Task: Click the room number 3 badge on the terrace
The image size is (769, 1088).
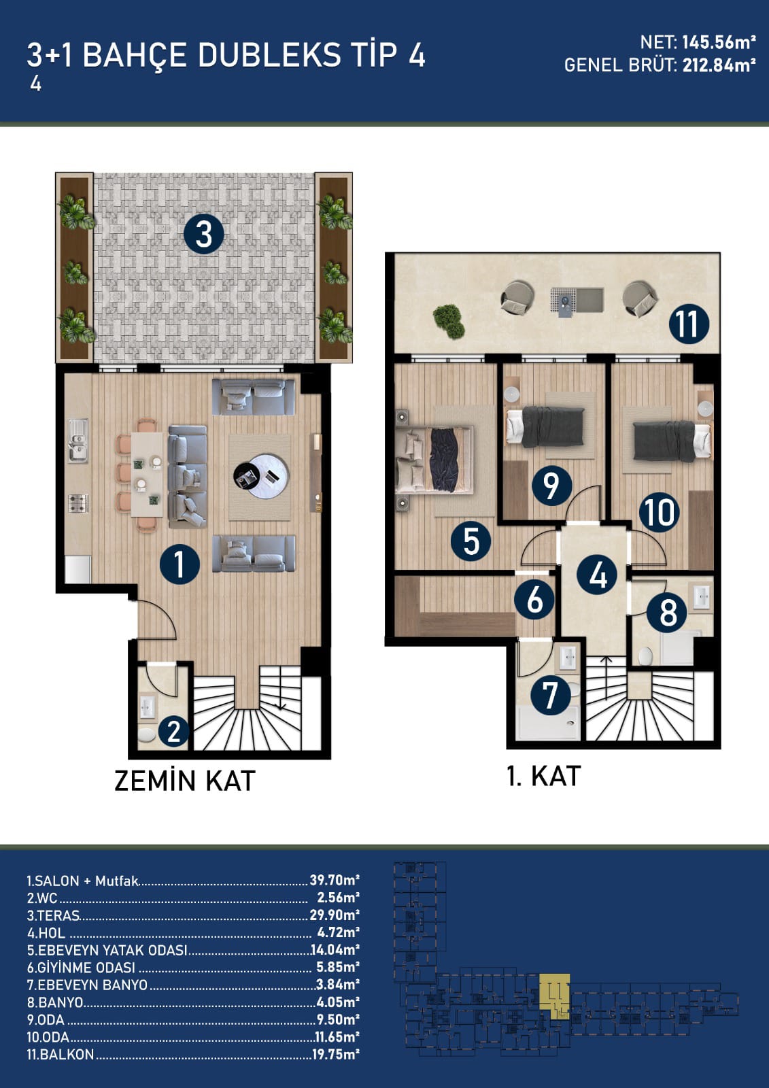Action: click(x=203, y=234)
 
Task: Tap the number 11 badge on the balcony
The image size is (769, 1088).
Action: click(x=689, y=324)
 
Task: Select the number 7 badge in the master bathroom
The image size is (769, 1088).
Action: click(x=550, y=696)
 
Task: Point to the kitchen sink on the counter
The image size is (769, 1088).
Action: click(x=78, y=441)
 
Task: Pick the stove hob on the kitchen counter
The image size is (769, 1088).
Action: click(x=78, y=503)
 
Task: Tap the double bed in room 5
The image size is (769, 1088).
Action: click(x=434, y=460)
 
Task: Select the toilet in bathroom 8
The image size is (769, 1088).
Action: click(x=646, y=656)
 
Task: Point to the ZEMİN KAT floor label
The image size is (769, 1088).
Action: click(x=185, y=781)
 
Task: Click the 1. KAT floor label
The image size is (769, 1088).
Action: click(x=543, y=776)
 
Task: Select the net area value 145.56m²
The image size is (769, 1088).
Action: click(x=719, y=43)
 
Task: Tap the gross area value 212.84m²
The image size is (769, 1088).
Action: click(x=719, y=65)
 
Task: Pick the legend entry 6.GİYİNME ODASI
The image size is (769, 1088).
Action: click(x=81, y=967)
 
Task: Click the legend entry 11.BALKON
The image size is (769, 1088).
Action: click(x=61, y=1055)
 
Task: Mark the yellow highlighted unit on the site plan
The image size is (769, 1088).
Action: click(x=555, y=992)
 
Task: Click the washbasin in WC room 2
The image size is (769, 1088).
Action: click(x=147, y=707)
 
